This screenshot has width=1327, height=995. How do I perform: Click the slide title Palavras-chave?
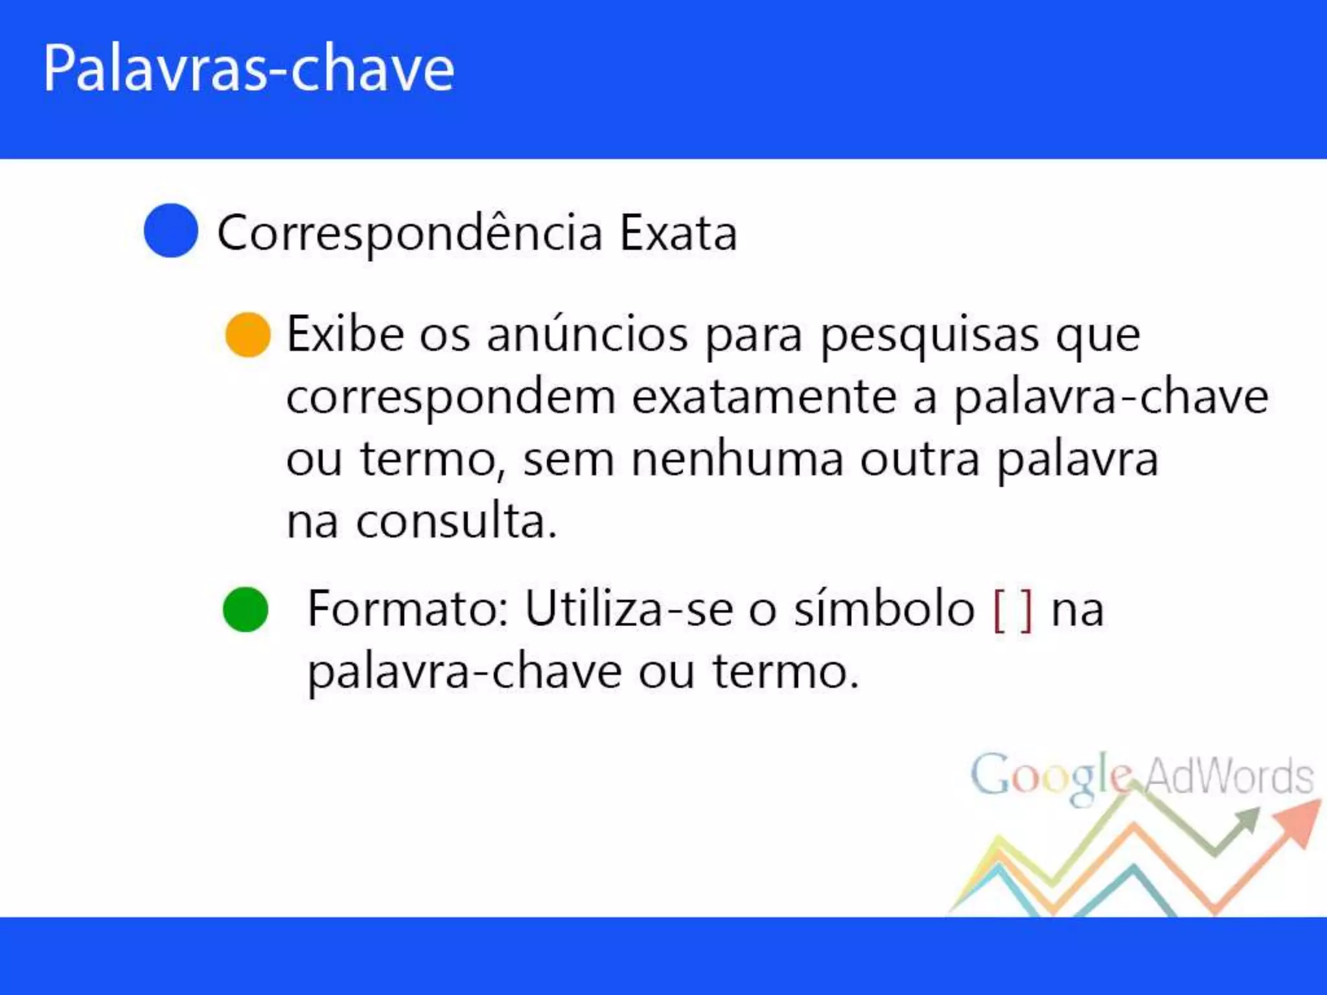tap(249, 69)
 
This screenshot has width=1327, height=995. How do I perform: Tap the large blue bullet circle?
tap(170, 231)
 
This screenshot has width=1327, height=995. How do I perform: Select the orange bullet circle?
tap(248, 335)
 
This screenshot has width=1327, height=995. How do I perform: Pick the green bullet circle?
tap(246, 610)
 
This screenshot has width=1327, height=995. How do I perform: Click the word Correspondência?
tap(410, 233)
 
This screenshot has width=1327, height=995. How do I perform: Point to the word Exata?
tap(678, 233)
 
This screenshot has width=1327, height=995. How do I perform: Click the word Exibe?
tap(345, 335)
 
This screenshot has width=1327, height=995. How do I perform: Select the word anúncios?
tap(587, 335)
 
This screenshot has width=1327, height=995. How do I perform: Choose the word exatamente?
tap(765, 397)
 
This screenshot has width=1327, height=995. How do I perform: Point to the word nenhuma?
tap(737, 459)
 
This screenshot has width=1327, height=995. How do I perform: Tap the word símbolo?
tap(884, 609)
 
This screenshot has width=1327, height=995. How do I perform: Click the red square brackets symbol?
tap(1013, 610)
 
